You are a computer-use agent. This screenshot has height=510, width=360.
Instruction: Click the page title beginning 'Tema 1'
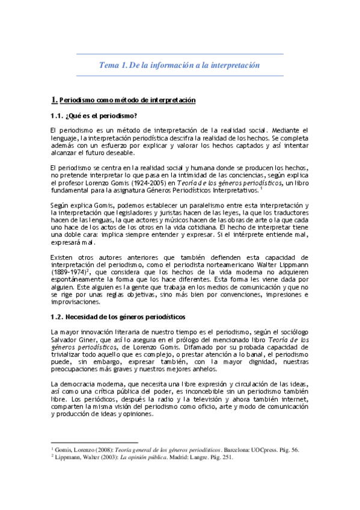click(179, 64)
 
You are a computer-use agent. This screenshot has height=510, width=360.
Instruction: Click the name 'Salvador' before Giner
click(67, 339)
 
